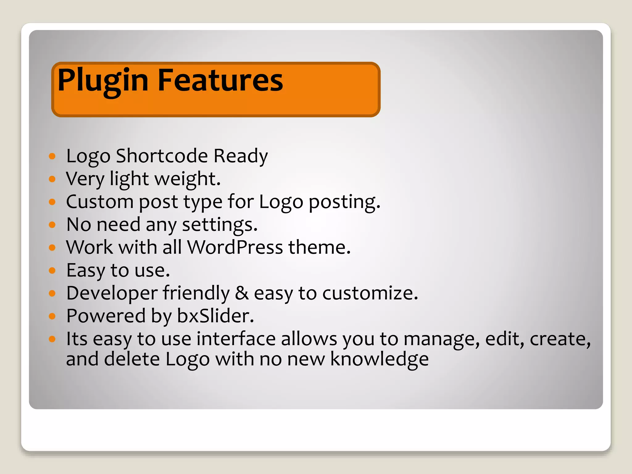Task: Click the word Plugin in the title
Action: click(x=103, y=81)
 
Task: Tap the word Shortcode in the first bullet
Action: click(x=162, y=156)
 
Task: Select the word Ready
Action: click(x=240, y=156)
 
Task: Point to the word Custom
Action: click(x=100, y=202)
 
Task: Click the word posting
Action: click(x=344, y=202)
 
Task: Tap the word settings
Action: click(x=220, y=225)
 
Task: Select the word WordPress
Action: click(x=235, y=247)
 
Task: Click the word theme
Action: click(x=319, y=247)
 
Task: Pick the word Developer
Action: click(x=112, y=293)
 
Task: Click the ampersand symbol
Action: click(x=242, y=293)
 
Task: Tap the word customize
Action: click(x=370, y=293)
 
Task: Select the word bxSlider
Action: click(x=215, y=316)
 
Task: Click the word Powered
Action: click(x=106, y=316)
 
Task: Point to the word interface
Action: click(x=236, y=339)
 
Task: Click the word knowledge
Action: click(x=379, y=359)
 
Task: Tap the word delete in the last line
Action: click(x=132, y=359)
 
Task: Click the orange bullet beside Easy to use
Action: click(x=52, y=271)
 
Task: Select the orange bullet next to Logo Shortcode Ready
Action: click(x=52, y=156)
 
